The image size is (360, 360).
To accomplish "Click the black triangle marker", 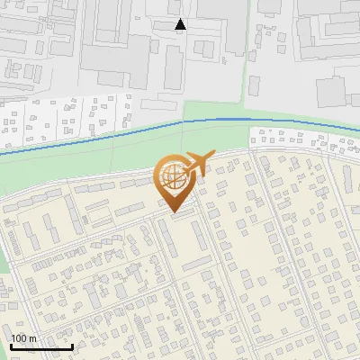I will point(180,24).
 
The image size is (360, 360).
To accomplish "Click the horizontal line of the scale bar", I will point(41,347).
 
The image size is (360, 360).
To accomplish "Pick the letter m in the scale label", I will point(33,339).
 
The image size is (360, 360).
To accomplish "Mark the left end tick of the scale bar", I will point(11,346).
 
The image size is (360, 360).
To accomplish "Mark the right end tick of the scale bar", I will point(72,346).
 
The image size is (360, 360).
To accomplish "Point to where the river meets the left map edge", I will point(1,154).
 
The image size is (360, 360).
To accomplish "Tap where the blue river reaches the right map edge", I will point(358,125).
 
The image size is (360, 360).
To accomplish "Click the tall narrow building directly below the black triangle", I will point(173,67).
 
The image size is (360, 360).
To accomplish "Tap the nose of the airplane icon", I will point(213,156).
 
